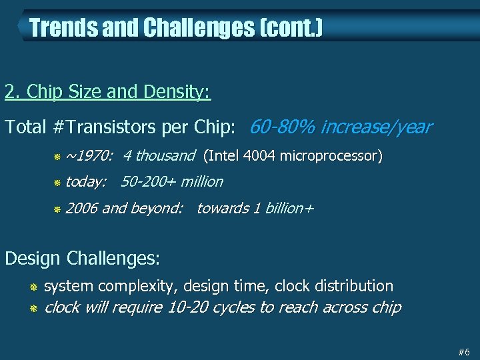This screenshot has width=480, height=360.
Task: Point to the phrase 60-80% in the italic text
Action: pos(281,127)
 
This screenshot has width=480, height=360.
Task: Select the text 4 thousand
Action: pos(159,156)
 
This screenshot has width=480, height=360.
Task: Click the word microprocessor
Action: pos(330,156)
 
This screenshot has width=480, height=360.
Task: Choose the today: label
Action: pos(86,181)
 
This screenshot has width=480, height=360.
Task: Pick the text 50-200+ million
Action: pos(172,181)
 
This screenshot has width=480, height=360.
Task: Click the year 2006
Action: pos(81,208)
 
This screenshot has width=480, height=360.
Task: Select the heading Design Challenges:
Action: pos(83,257)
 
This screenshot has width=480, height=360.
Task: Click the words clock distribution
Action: pos(334,286)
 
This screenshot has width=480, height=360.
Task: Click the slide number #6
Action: pos(464,351)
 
